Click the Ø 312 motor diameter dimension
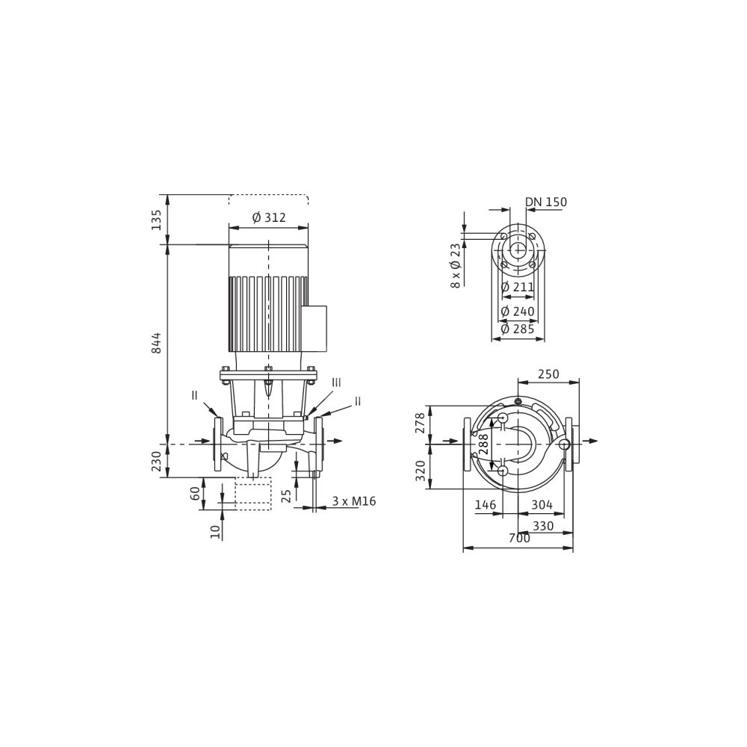click(x=269, y=217)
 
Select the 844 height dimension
click(x=157, y=343)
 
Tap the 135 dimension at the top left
click(x=157, y=220)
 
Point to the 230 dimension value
click(x=157, y=461)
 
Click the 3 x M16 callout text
click(x=354, y=501)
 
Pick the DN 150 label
click(x=546, y=202)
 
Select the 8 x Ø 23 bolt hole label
click(x=456, y=265)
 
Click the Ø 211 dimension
click(x=518, y=288)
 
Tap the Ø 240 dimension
click(x=518, y=311)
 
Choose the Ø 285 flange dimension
click(x=518, y=329)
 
